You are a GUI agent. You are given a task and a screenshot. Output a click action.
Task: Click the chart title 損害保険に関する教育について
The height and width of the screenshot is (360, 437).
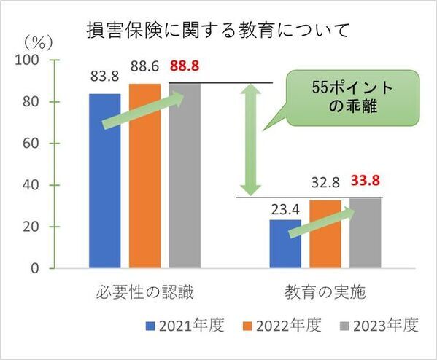tap(219, 31)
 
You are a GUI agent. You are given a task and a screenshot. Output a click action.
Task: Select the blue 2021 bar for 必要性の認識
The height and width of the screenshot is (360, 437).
tap(105, 182)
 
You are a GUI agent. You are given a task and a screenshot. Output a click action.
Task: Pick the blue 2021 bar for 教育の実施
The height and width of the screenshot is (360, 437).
tap(285, 244)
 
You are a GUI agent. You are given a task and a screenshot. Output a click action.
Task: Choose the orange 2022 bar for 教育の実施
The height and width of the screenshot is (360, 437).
tap(325, 234)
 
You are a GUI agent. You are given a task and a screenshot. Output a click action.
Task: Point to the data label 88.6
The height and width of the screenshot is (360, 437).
tap(144, 67)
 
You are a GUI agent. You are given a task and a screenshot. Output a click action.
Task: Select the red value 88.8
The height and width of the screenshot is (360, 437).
tap(185, 66)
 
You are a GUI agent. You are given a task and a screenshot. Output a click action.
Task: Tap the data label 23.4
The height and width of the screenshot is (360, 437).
tap(285, 207)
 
